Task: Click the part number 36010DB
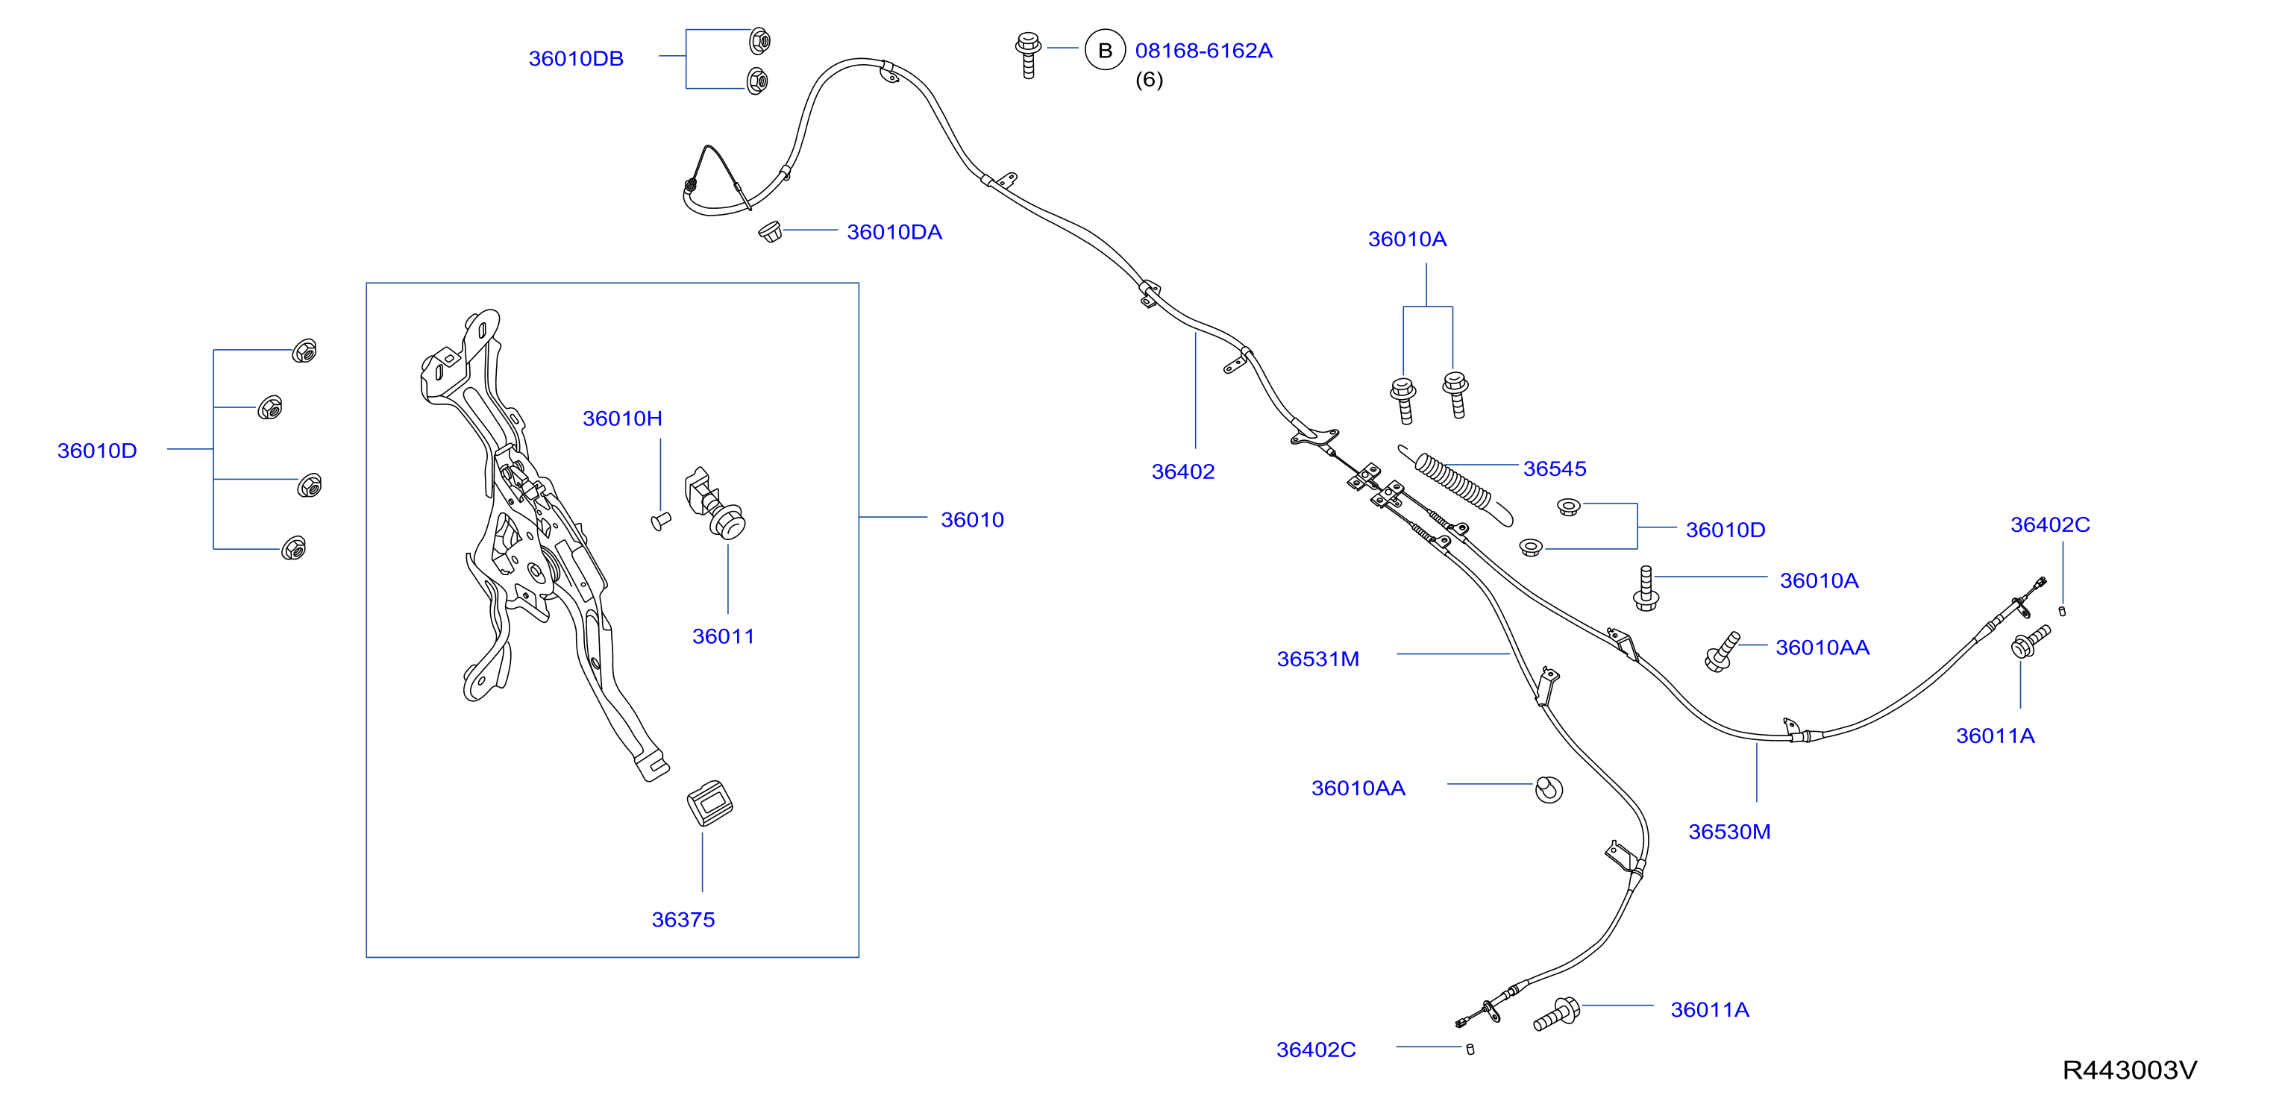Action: pos(576,58)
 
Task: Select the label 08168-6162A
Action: pos(1204,51)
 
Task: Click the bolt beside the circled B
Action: pos(1028,55)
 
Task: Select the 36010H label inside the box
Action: pos(622,418)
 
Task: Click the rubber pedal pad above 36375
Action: pos(709,803)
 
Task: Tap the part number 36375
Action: pos(683,919)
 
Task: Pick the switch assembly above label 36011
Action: pos(715,503)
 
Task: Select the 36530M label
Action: pos(1728,831)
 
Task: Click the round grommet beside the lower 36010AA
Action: pos(1549,788)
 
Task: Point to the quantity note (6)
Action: pos(1149,80)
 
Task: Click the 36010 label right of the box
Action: pos(972,519)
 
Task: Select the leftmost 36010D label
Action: pos(97,451)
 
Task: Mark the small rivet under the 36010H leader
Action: pos(661,521)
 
